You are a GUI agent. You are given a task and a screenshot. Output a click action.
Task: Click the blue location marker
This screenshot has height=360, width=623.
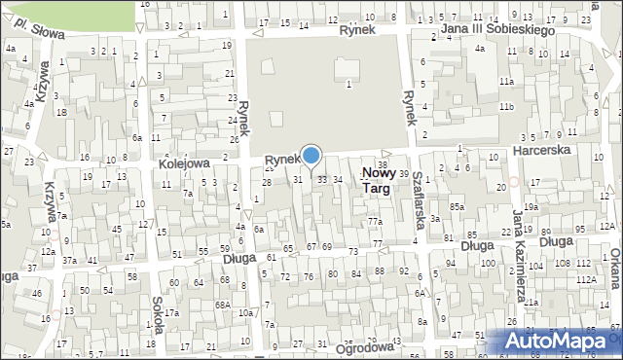tap(311, 155)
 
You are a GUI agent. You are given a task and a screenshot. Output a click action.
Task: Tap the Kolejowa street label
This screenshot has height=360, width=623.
tap(185, 165)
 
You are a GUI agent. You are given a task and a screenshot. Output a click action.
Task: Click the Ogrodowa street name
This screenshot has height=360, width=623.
tap(363, 346)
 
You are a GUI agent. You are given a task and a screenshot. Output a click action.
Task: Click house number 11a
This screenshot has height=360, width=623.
tap(506, 81)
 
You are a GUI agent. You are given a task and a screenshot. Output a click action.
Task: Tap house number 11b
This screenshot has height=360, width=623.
tap(506, 106)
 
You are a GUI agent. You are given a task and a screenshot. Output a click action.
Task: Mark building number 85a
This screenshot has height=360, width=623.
tap(457, 206)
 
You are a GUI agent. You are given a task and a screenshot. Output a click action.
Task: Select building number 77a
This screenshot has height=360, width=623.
tap(375, 223)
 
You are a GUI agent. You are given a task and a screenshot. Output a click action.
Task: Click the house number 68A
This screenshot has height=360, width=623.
tap(223, 306)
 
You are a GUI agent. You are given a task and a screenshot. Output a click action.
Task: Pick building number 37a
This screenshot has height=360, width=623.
tap(69, 261)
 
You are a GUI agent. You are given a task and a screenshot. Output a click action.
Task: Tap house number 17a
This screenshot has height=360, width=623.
tap(171, 313)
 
